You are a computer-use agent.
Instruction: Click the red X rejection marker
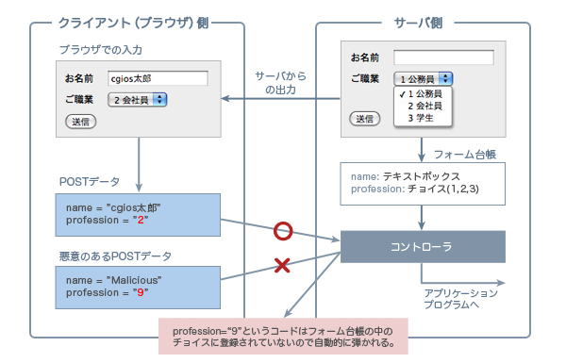[x=281, y=267]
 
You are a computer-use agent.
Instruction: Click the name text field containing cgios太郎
[x=157, y=78]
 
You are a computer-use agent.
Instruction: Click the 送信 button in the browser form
[x=79, y=122]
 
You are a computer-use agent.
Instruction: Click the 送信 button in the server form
[x=364, y=118]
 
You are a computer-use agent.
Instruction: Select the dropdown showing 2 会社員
[x=137, y=99]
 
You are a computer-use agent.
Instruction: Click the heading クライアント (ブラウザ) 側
[x=140, y=22]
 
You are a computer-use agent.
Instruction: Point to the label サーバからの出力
[x=282, y=82]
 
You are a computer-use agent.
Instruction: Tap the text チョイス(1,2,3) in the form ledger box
[x=443, y=189]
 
